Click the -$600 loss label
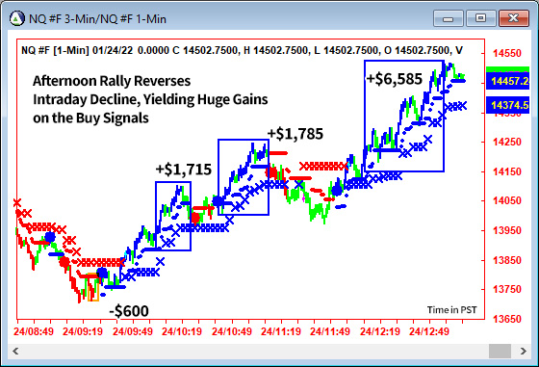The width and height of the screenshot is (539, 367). click(129, 311)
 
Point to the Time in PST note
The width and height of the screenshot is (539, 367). click(453, 309)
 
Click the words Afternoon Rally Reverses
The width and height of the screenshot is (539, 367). click(112, 81)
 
